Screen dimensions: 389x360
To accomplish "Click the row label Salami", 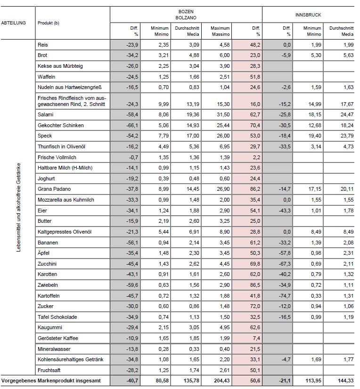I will [x=45, y=114].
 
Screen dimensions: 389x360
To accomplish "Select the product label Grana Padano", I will [x=53, y=189].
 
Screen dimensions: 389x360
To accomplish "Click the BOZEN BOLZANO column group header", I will [x=186, y=15].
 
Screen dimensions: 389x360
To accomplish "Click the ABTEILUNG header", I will [x=14, y=23].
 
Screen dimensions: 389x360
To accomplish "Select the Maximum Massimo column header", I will [x=220, y=31].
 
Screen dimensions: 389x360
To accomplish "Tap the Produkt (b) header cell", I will [x=49, y=23].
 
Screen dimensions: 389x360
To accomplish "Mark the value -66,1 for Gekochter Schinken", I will [x=131, y=125].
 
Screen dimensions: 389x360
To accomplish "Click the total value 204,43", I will [x=221, y=381].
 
